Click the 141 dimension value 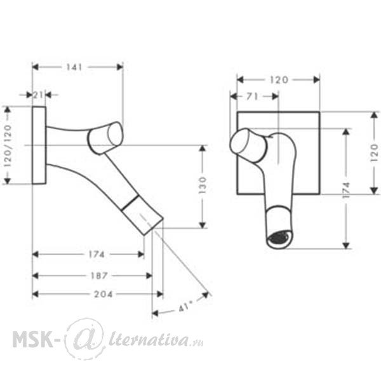[74, 67]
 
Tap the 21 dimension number [38, 95]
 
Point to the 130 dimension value [203, 185]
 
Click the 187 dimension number [99, 276]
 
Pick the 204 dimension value [104, 294]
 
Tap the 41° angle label [185, 307]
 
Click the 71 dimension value [252, 97]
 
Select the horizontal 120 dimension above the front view [279, 80]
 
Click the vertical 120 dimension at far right [375, 153]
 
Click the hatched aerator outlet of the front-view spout [279, 237]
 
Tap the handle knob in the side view [105, 138]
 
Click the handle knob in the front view [248, 145]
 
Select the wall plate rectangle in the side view [39, 145]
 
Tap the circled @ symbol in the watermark [85, 338]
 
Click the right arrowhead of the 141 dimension [120, 67]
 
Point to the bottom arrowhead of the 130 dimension [203, 225]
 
